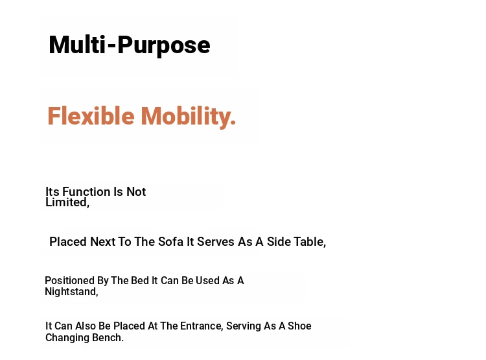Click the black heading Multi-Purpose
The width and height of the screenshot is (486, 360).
pos(130,45)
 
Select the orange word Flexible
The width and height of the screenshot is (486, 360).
pos(91,116)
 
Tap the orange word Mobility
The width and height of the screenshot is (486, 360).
pos(188,117)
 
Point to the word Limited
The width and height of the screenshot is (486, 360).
pos(67,202)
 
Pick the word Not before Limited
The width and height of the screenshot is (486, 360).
pos(136,192)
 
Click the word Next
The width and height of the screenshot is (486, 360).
pos(102,242)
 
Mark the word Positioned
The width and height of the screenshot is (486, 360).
pos(69,281)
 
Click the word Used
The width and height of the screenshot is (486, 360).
pos(207,281)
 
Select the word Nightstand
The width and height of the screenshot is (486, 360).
pos(71,292)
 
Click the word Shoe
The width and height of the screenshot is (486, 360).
pos(299,326)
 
